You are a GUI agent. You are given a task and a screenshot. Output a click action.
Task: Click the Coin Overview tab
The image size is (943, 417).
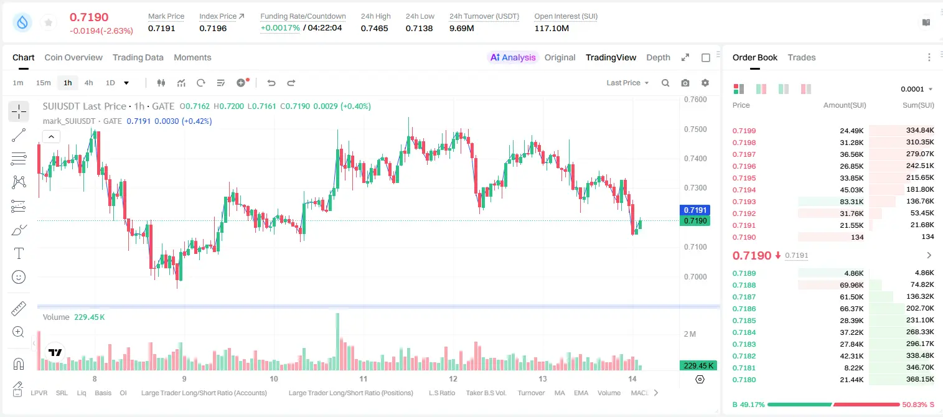[x=73, y=57]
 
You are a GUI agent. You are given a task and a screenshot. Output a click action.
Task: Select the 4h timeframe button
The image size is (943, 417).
[x=88, y=83]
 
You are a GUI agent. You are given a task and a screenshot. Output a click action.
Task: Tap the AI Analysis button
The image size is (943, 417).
[x=513, y=57]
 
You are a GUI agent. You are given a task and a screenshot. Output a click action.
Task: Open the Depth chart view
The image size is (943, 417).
[x=658, y=57]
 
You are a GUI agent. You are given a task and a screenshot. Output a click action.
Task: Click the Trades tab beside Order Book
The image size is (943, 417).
[x=802, y=57]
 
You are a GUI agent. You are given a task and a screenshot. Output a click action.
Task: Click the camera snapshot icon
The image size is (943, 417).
[x=685, y=83]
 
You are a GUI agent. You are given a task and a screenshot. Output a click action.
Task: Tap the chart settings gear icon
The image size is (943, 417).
[x=705, y=83]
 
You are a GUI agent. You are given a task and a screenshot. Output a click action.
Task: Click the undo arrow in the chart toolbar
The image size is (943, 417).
[x=271, y=83]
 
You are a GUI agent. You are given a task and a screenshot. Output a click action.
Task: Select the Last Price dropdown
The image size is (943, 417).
[x=627, y=83]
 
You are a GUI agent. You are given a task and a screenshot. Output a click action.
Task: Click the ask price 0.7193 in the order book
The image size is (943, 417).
[x=744, y=202]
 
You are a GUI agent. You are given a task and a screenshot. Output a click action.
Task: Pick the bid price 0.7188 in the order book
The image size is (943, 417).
[x=744, y=285]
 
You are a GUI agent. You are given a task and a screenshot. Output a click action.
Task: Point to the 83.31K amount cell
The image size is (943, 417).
[x=852, y=202]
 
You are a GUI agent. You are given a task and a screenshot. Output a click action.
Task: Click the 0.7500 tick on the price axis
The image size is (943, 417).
[x=695, y=129]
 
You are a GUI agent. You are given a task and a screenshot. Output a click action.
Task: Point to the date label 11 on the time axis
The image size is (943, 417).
[x=364, y=378]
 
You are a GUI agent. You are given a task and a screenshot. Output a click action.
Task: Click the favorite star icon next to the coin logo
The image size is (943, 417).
[x=49, y=22]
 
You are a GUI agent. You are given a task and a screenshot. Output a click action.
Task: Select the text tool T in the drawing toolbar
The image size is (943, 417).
[x=19, y=253]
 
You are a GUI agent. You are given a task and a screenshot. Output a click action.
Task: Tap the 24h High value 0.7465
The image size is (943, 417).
[x=374, y=28]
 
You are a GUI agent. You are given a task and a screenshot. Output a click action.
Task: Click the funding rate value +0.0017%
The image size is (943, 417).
[x=280, y=28]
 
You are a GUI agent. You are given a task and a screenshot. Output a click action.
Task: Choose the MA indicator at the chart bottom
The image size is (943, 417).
[x=560, y=393]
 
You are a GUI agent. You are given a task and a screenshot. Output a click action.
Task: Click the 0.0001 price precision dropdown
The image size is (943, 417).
[x=916, y=89]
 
